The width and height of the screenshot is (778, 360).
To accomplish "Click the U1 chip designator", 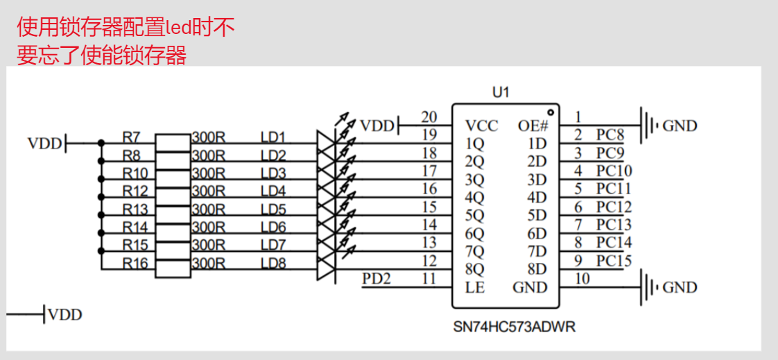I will [x=500, y=92].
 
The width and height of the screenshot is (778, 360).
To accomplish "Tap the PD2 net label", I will [x=377, y=279].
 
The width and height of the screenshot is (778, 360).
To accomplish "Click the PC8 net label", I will [x=610, y=135].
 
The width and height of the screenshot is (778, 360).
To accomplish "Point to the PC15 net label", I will [x=614, y=261].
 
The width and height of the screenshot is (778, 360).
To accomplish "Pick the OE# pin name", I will [x=533, y=126].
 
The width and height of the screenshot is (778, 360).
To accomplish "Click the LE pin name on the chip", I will [x=475, y=287].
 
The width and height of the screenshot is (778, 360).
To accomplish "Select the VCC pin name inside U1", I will [x=482, y=126].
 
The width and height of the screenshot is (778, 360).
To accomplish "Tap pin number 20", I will [x=429, y=117].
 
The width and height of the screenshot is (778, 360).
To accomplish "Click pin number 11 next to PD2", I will [x=429, y=279].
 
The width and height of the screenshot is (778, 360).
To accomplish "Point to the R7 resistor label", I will [x=131, y=137].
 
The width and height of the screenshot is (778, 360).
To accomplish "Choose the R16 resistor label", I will [x=134, y=264].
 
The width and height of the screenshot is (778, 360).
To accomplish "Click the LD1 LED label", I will [x=273, y=137].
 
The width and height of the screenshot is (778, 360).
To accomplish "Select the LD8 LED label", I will [x=273, y=264].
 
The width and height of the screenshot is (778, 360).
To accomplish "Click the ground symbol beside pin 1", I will [x=648, y=126].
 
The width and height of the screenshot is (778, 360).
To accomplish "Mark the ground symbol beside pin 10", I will [x=648, y=287].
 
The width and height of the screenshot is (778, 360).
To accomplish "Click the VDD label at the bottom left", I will [x=64, y=315].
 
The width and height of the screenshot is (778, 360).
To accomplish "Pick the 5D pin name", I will [x=537, y=215].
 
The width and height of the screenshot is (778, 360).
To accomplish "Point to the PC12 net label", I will [x=614, y=207].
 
